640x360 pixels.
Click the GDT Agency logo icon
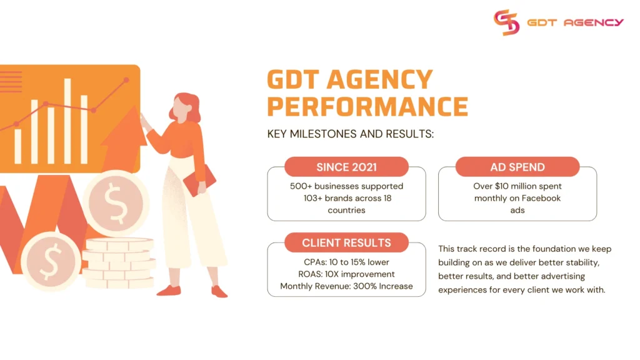[x=506, y=22]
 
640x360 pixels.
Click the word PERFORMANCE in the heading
[x=367, y=106]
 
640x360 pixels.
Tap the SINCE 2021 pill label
[x=346, y=167]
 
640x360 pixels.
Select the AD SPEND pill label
[x=517, y=167]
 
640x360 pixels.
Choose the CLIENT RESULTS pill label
[x=346, y=242]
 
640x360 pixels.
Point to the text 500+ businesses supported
[x=346, y=186]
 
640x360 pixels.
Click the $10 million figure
[x=510, y=186]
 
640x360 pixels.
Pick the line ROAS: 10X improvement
[x=346, y=274]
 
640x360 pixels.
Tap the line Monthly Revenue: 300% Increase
[x=346, y=286]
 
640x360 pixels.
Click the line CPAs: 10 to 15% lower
[x=346, y=262]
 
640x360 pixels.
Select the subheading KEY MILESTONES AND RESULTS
[x=350, y=134]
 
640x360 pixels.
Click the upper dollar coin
[x=116, y=203]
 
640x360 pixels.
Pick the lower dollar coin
[x=50, y=261]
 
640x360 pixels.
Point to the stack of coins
[x=119, y=262]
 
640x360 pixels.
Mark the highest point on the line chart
[x=126, y=80]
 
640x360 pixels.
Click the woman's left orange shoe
[x=169, y=290]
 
